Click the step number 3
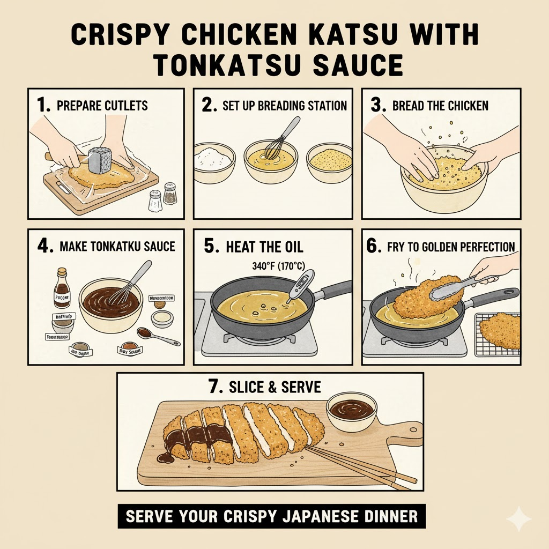click(x=378, y=105)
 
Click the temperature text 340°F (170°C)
click(x=276, y=265)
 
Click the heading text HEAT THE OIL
click(x=264, y=247)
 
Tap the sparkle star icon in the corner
click(x=518, y=519)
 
